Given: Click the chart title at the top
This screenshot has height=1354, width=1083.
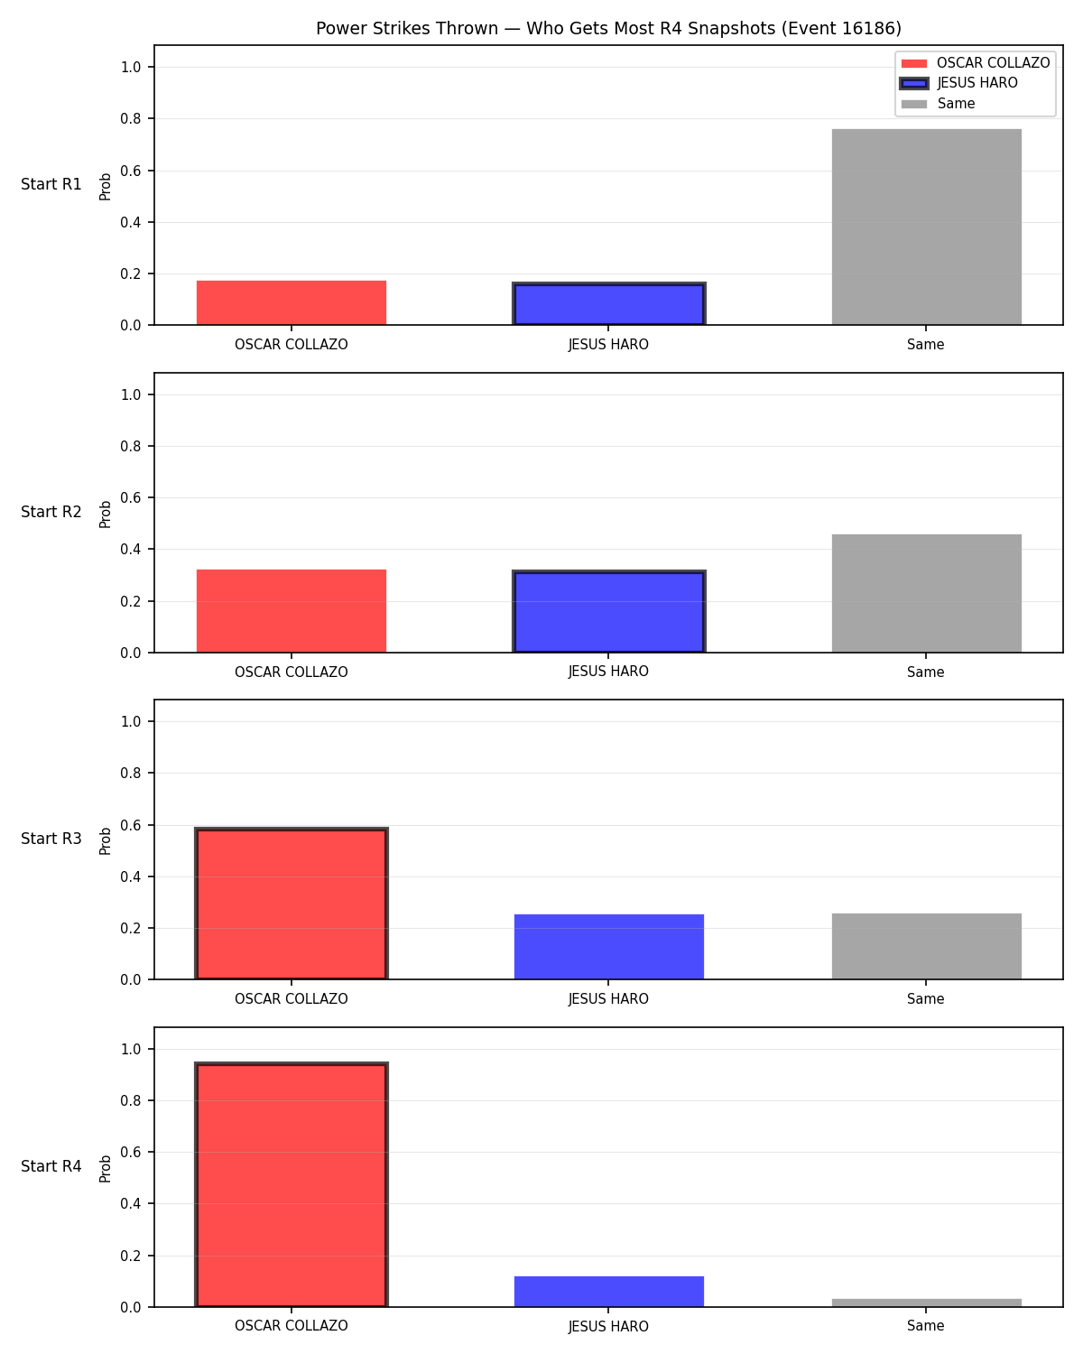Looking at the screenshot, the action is pyautogui.click(x=608, y=28).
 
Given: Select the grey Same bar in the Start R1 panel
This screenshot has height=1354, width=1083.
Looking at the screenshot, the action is pyautogui.click(x=926, y=227).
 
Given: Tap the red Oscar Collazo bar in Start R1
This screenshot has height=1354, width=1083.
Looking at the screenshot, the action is pyautogui.click(x=292, y=302).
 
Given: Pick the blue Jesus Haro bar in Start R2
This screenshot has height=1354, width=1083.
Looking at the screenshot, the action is pyautogui.click(x=608, y=612).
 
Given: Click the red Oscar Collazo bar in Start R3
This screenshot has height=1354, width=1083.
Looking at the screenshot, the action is pyautogui.click(x=292, y=904).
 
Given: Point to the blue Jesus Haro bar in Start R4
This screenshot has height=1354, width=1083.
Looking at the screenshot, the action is pyautogui.click(x=608, y=1292).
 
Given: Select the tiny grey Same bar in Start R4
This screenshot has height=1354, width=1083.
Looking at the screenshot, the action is pyautogui.click(x=926, y=1303).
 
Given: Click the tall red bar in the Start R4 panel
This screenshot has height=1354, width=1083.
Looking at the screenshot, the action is pyautogui.click(x=292, y=1184).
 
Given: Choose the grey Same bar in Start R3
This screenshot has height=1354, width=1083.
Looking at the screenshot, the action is pyautogui.click(x=926, y=946).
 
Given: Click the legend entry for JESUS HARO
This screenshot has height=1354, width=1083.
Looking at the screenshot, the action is pyautogui.click(x=958, y=83).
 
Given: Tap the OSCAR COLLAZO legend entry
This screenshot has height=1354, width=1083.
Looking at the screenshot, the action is pyautogui.click(x=976, y=63).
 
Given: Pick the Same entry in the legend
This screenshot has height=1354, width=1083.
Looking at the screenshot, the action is pyautogui.click(x=938, y=104).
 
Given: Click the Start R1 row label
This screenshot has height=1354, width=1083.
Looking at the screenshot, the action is pyautogui.click(x=51, y=184).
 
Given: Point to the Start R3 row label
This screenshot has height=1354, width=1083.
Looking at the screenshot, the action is pyautogui.click(x=51, y=839).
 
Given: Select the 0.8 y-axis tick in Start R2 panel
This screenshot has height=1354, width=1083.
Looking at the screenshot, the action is pyautogui.click(x=131, y=446).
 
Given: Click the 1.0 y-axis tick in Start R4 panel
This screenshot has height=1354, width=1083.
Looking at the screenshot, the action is pyautogui.click(x=131, y=1049).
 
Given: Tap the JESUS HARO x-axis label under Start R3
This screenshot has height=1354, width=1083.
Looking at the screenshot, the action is pyautogui.click(x=608, y=999).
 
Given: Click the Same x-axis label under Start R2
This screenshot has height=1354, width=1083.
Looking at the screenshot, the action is pyautogui.click(x=925, y=672).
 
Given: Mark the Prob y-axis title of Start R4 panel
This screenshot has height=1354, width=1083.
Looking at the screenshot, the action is pyautogui.click(x=105, y=1168).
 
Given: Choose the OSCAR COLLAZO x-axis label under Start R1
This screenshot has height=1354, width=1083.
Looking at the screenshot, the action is pyautogui.click(x=292, y=345).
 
